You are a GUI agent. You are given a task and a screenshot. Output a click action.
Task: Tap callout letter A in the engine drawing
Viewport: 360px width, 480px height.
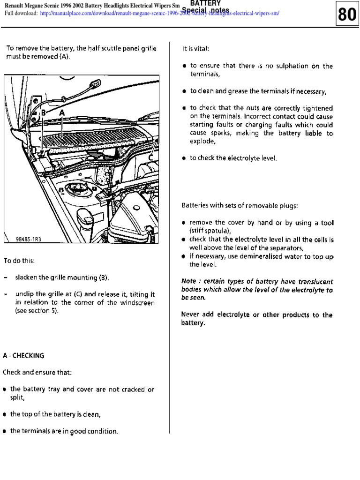62,113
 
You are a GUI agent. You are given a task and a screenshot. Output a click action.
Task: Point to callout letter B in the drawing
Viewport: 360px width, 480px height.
43,113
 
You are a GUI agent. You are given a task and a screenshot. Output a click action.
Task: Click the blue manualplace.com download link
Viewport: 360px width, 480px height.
160,13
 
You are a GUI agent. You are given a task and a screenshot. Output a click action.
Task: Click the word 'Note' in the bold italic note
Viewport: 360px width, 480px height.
188,282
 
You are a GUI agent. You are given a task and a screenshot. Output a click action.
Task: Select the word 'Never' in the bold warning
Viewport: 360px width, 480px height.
190,315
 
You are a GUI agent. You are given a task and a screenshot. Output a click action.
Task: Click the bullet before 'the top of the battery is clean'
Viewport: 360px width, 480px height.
5,414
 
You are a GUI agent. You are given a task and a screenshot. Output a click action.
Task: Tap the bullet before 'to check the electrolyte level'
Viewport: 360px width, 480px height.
184,158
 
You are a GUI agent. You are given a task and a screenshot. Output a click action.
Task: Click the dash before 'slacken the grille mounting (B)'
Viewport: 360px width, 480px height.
5,277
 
